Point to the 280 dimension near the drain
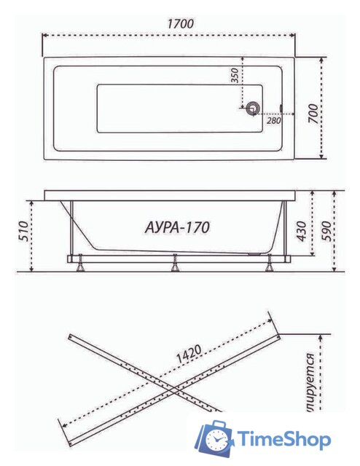coord(273,121)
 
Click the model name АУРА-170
coord(173,228)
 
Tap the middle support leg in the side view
coord(175,264)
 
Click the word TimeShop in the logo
coord(284,440)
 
